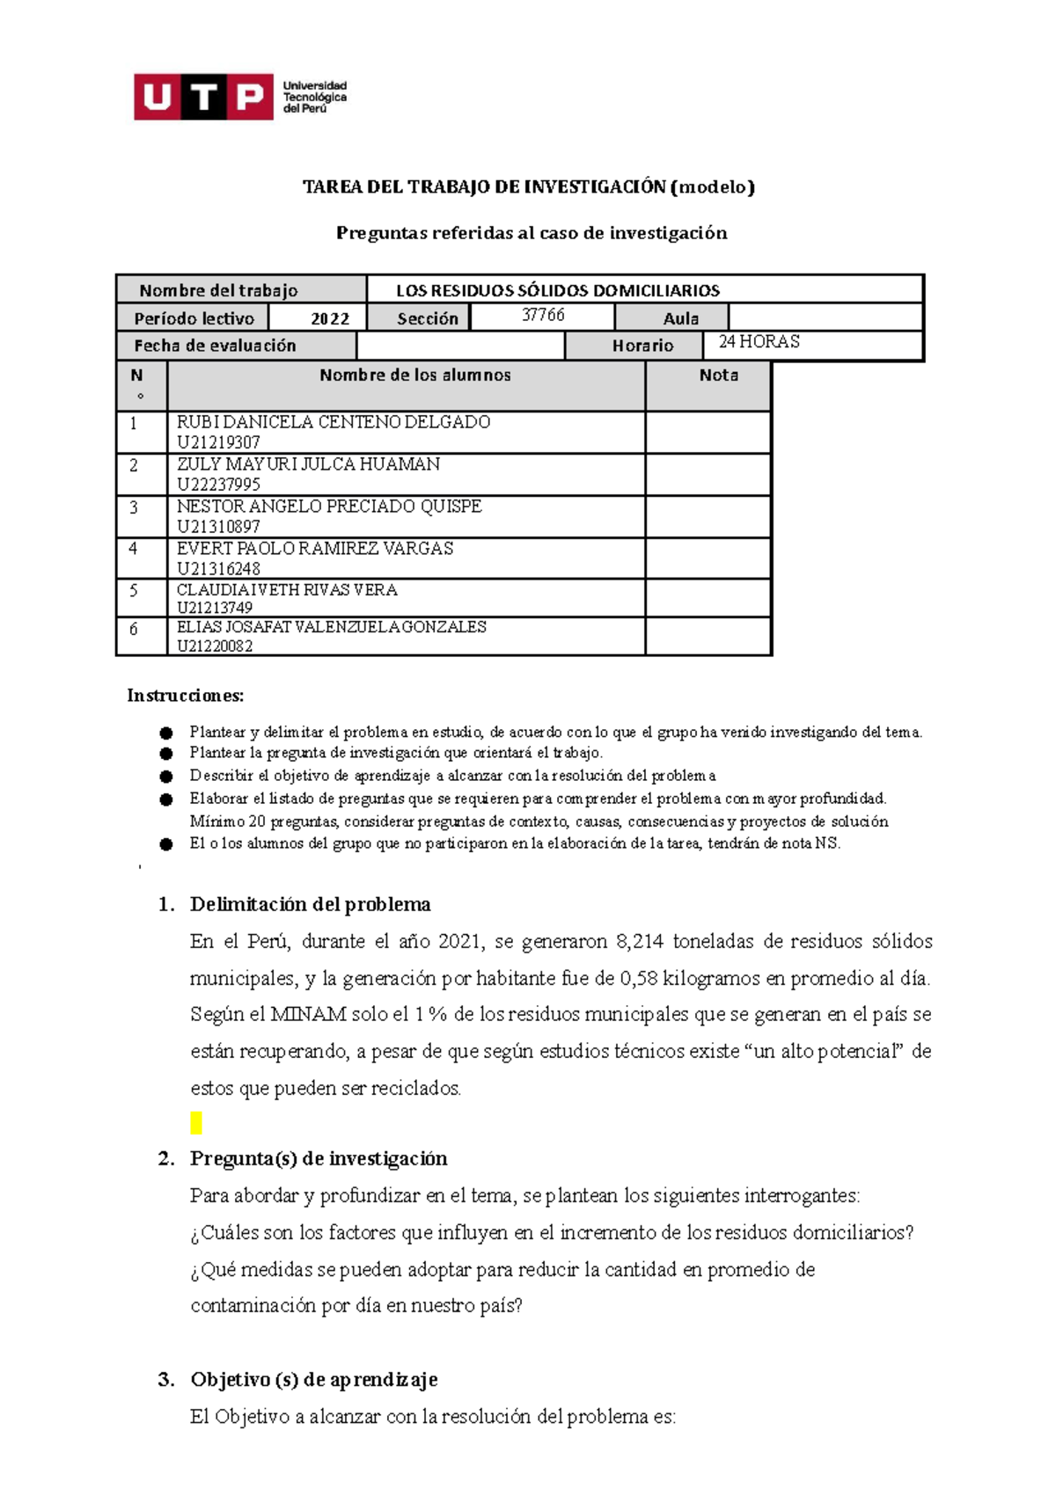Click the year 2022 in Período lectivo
point(330,318)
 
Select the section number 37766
point(543,315)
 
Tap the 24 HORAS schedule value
point(759,342)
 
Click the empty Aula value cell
point(825,317)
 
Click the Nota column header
point(718,376)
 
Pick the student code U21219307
point(218,442)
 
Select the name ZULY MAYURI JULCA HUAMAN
point(308,464)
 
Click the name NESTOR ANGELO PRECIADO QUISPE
point(329,507)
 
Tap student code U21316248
point(218,569)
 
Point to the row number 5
point(134,590)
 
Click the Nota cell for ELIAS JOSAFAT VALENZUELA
point(708,636)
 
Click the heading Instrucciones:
point(186,696)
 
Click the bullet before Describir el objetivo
point(166,777)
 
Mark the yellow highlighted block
point(196,1123)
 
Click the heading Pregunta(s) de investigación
point(319,1159)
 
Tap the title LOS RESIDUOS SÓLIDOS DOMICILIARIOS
point(557,290)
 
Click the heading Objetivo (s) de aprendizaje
point(313,1380)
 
